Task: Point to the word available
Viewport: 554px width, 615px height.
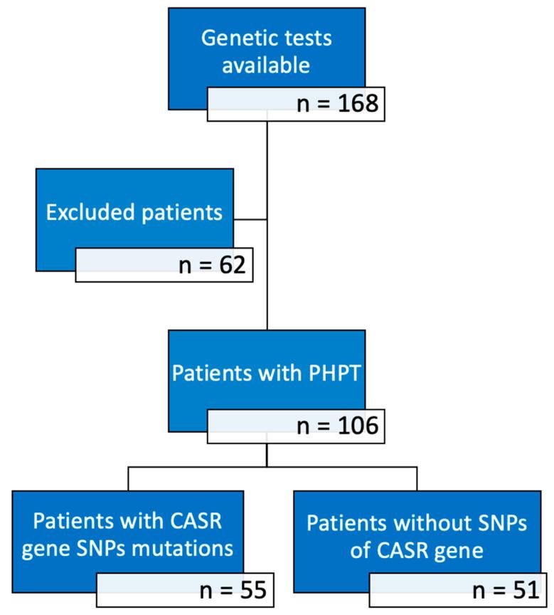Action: [266, 65]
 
